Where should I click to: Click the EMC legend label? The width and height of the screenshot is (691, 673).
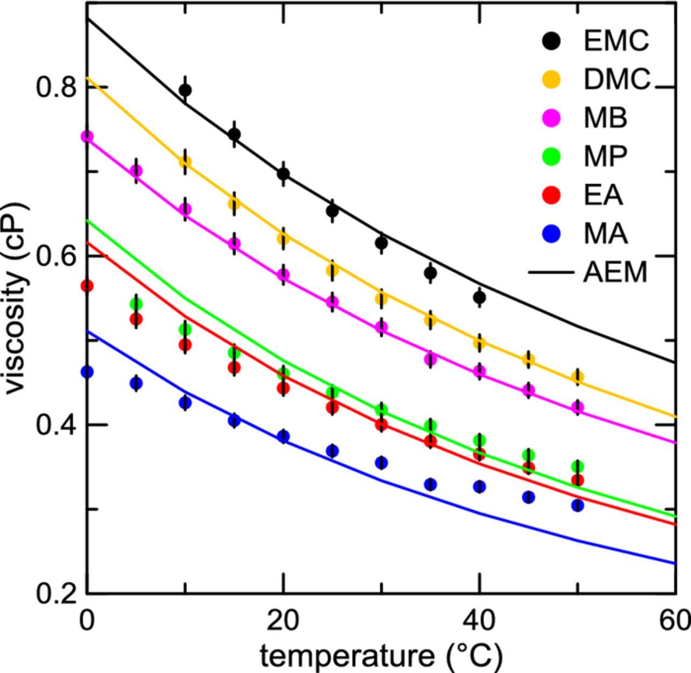pos(616,41)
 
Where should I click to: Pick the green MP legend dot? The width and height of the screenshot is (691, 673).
pos(551,156)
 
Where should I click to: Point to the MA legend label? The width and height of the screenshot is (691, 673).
pos(605,234)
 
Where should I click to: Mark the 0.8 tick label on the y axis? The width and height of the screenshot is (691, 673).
pos(56,87)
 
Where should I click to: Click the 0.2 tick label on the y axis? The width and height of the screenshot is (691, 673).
pos(56,593)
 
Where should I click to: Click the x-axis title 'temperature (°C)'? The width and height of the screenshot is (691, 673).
pos(381,656)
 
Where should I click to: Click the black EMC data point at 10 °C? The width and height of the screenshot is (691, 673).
pos(185,90)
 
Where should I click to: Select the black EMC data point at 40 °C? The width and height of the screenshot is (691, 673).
pos(479,297)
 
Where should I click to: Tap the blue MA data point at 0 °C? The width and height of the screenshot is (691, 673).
pos(87,372)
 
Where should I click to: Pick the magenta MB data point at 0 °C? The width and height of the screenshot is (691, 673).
pos(87,136)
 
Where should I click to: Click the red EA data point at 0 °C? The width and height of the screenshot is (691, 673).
pos(87,286)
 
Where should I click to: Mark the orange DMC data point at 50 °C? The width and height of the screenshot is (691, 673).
pos(578,377)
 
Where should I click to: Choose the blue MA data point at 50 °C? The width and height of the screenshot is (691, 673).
pos(578,505)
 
